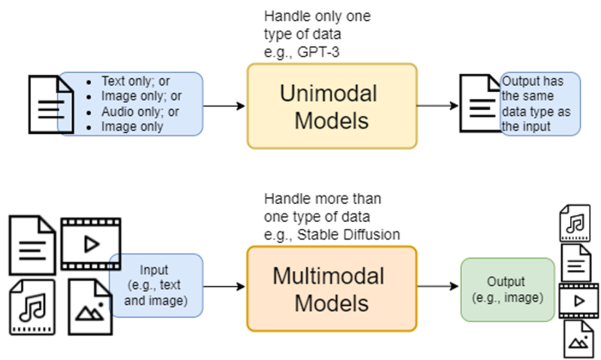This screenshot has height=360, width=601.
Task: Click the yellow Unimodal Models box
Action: [332, 106]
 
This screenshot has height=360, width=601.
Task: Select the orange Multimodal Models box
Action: [332, 288]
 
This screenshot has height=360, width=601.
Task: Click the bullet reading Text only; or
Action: [135, 81]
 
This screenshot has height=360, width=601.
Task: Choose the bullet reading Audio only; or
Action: [140, 111]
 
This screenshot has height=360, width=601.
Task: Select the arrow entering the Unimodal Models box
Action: [224, 105]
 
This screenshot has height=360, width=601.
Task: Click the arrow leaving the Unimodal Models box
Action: [438, 105]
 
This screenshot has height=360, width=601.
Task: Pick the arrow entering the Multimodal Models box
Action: [224, 286]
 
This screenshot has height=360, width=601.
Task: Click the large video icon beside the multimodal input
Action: [91, 244]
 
